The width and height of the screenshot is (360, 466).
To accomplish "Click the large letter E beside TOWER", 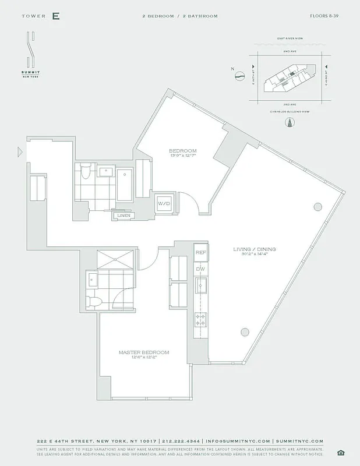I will coord(56,16).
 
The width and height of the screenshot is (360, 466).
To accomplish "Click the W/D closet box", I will coord(163,204).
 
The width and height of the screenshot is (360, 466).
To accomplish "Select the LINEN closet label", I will coord(123,216).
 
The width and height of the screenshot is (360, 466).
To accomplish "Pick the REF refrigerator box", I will coord(200,252).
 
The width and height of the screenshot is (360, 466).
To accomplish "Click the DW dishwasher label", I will coord(200,269).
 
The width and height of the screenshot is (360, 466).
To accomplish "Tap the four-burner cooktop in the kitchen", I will coord(200,319).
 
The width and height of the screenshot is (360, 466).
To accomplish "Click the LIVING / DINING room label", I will coord(255,249).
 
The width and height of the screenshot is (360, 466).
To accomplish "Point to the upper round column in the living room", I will coord(317,206).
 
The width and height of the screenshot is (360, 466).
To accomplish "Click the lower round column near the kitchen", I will coord(245,332).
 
